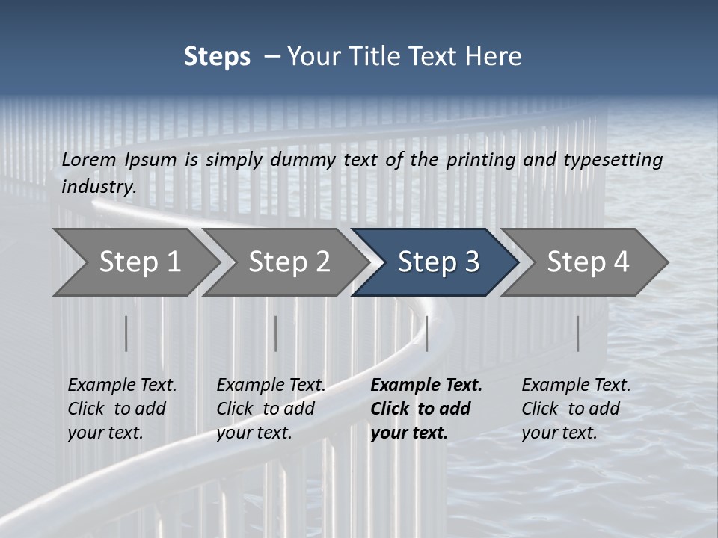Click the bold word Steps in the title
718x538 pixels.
coord(217,57)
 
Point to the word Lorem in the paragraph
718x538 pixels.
coord(89,159)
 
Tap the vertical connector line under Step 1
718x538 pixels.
coord(126,333)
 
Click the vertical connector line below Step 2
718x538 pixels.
coord(275,333)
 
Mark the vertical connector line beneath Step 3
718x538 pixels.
coord(426,333)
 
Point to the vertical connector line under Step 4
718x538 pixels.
coord(577,333)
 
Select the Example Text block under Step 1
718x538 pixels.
coord(122,409)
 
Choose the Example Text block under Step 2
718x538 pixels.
coord(271,409)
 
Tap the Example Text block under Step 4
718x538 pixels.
coord(576,409)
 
